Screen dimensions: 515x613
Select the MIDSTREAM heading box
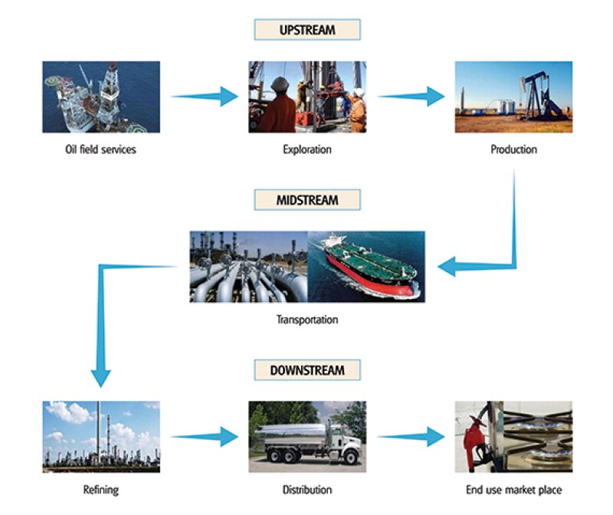click(306, 200)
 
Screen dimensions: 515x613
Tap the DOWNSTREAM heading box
click(306, 370)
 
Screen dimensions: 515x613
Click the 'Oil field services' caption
click(100, 149)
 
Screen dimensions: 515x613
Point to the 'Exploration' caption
click(306, 149)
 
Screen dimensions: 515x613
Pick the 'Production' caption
click(513, 149)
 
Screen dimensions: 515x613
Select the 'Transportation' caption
click(306, 319)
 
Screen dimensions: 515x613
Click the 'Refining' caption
click(100, 489)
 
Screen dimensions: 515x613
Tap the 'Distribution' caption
click(306, 489)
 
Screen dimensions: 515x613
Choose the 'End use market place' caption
click(513, 489)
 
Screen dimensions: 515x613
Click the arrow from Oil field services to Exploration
click(205, 97)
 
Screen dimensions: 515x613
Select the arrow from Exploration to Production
click(411, 97)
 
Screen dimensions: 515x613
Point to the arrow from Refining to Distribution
click(205, 437)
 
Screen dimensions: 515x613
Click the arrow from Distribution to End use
click(411, 437)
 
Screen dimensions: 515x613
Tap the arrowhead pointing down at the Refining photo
click(100, 377)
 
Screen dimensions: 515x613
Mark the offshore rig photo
click(100, 97)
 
